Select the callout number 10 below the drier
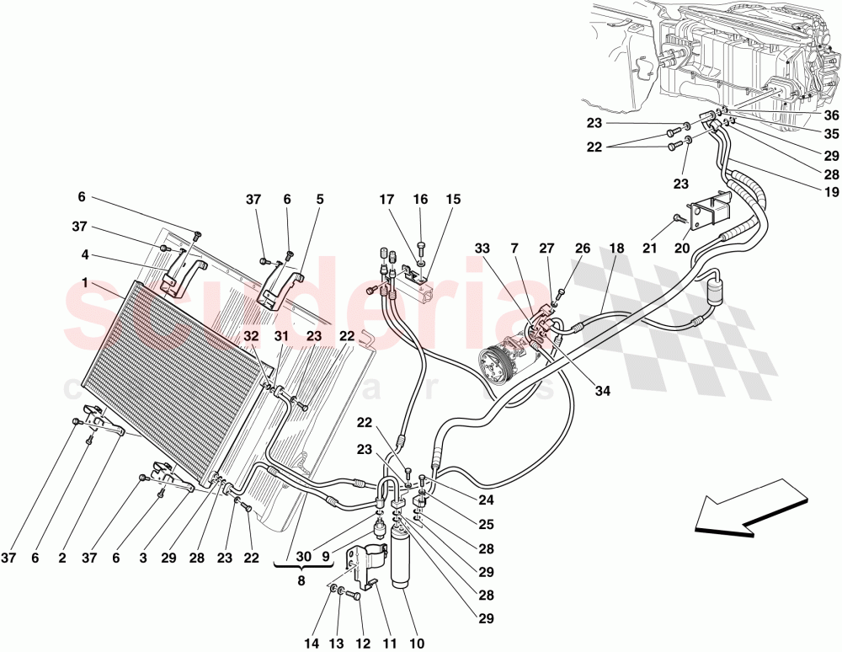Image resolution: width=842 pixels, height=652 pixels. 416,644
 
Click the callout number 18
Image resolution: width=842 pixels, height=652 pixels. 616,249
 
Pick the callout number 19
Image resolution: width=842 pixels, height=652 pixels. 832,191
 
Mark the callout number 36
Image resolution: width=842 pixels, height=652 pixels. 832,115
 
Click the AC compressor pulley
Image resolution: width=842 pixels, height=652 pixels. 495,368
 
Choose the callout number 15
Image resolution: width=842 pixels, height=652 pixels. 454,200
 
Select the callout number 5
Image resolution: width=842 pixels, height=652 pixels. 320,200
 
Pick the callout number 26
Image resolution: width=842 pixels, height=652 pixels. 584,249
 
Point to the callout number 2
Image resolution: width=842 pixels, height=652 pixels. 62,558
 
